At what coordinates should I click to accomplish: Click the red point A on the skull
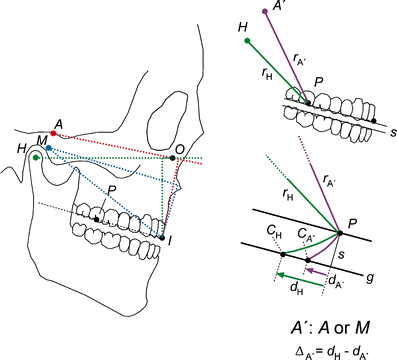point(53,133)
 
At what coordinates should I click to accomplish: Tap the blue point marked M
point(49,147)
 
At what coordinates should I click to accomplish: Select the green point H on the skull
point(36,157)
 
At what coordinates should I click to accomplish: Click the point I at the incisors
point(160,237)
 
